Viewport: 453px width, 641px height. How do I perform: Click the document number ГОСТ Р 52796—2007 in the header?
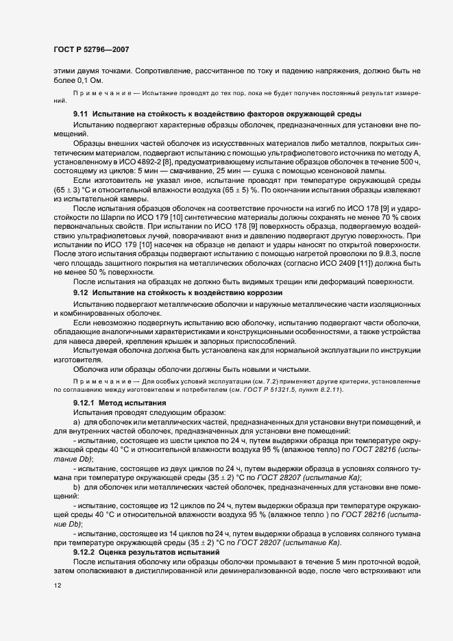[91, 49]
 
